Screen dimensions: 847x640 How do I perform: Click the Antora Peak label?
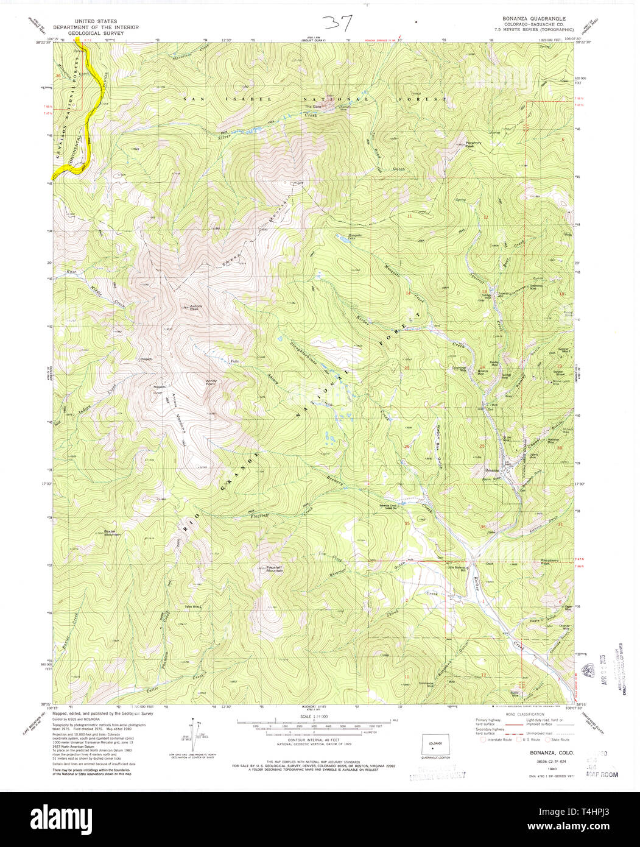click(x=195, y=308)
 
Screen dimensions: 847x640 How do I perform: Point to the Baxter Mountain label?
click(x=112, y=532)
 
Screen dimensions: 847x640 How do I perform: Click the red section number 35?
click(x=407, y=523)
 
